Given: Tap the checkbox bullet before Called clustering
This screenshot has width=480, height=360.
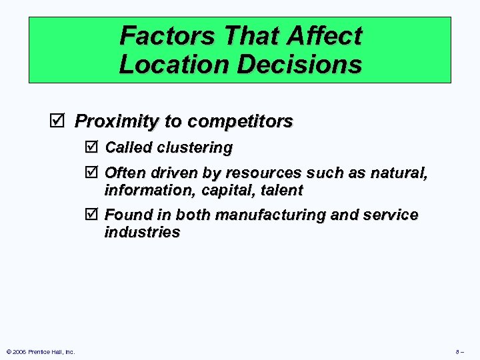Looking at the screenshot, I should [x=92, y=147].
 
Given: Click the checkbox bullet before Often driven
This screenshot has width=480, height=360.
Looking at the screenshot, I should [x=92, y=173].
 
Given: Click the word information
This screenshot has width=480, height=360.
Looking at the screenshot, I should [x=141, y=190].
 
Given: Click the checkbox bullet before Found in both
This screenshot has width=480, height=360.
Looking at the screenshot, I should [x=92, y=215].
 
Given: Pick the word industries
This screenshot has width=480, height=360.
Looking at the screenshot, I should [x=142, y=232].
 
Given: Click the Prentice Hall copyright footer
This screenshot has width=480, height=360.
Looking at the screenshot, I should [x=40, y=351].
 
